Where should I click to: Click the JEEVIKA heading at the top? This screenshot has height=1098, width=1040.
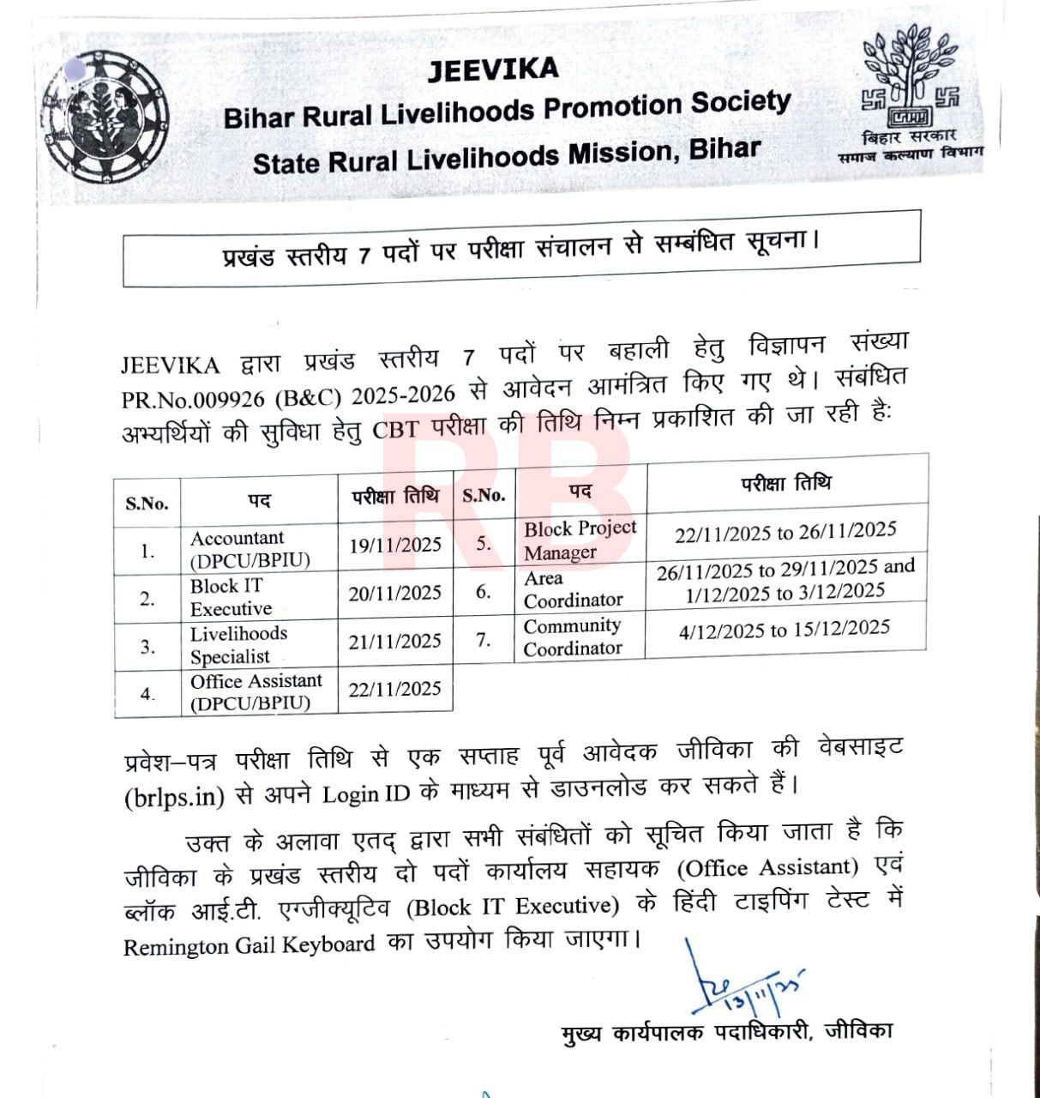(493, 69)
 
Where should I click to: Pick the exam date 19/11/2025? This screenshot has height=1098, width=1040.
(394, 546)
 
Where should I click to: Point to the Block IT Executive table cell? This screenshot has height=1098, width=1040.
(231, 597)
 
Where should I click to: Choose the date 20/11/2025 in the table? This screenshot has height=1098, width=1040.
(394, 594)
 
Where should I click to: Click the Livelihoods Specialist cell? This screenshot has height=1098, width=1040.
(238, 645)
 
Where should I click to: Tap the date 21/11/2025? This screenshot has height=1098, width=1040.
(394, 642)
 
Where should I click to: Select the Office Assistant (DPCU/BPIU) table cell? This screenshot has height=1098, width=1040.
(255, 692)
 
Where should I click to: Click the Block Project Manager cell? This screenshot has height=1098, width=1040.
(580, 540)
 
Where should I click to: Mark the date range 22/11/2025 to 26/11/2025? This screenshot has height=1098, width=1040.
(785, 533)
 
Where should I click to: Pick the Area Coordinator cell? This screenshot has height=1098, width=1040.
(573, 589)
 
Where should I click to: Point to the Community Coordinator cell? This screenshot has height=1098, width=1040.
(572, 636)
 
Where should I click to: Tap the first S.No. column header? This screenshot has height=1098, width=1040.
(147, 504)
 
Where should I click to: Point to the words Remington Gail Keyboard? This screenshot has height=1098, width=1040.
(249, 945)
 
